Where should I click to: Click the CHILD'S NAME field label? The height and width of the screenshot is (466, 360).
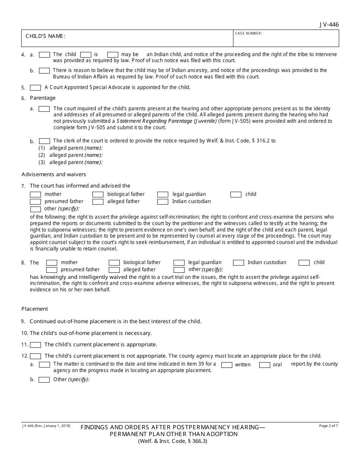[45, 36]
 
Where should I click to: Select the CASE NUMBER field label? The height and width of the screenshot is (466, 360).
[249, 33]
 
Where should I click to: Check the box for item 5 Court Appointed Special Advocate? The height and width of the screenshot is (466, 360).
[35, 88]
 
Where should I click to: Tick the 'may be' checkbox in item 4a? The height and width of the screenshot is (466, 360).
[113, 55]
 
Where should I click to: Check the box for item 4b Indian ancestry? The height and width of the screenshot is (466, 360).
[44, 70]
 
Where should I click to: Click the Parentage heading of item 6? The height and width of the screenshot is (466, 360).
[42, 98]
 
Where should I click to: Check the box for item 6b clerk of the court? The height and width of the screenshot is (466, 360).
[44, 141]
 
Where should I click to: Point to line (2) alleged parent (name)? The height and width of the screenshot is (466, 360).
[76, 155]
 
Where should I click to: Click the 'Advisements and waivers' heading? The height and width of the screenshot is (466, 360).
[54, 174]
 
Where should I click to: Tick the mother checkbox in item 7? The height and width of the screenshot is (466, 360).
[35, 194]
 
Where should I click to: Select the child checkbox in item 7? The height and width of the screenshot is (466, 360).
[236, 194]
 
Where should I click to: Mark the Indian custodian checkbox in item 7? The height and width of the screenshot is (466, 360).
[163, 202]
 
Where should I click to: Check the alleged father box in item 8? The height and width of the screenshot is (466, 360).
[114, 270]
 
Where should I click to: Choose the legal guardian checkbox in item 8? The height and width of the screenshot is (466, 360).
[179, 263]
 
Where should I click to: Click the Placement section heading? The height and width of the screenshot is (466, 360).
[34, 309]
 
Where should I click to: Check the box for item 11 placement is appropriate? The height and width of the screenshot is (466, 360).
[35, 345]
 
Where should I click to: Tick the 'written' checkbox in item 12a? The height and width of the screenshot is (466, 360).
[227, 365]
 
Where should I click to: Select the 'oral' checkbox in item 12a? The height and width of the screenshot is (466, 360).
[265, 365]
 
